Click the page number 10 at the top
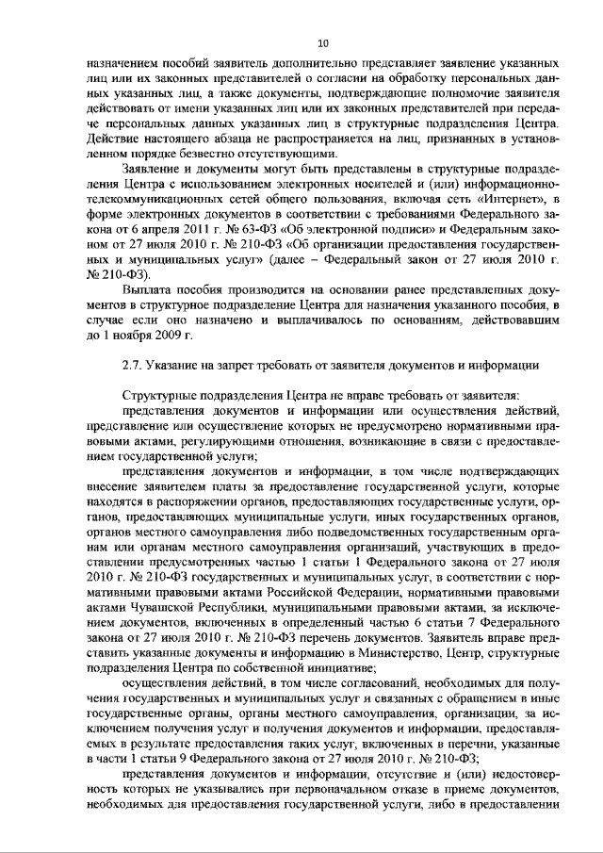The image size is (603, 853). [322, 43]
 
